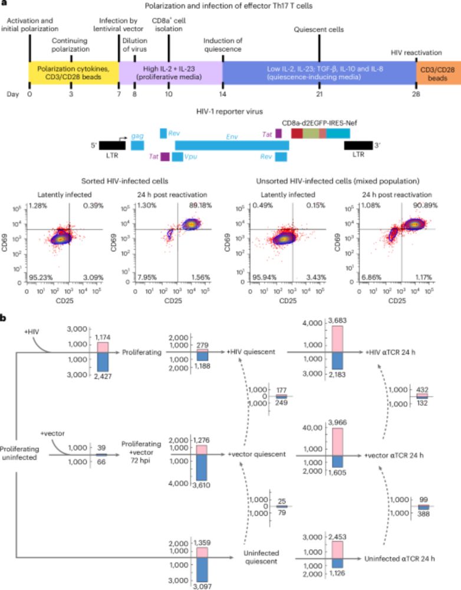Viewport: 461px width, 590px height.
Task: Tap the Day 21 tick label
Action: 318,94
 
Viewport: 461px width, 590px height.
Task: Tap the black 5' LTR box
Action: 111,145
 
